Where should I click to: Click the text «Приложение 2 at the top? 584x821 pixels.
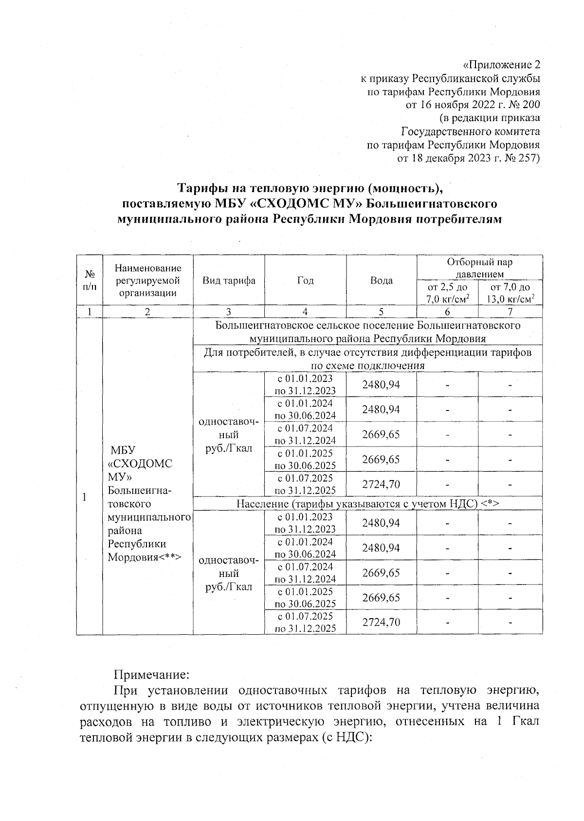(x=501, y=65)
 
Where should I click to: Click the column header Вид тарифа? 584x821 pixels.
(x=229, y=281)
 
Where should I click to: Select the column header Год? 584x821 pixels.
(x=305, y=281)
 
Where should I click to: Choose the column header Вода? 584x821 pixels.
(x=381, y=281)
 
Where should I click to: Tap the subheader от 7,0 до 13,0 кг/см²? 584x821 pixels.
(x=510, y=293)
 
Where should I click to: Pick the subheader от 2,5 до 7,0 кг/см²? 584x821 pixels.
(x=447, y=293)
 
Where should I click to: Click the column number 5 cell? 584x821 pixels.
(x=381, y=312)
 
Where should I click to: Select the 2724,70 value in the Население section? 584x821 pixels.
(x=381, y=622)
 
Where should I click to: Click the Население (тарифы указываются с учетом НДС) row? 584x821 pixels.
(x=368, y=503)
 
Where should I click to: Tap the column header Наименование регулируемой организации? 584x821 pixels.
(x=147, y=281)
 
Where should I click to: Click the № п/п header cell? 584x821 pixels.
(x=89, y=281)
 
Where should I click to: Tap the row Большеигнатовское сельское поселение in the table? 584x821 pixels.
(x=368, y=331)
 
